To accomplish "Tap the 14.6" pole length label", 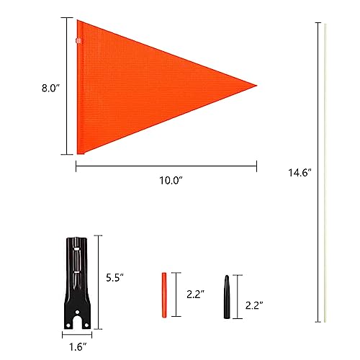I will coord(297,173).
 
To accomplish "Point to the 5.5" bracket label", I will coord(115,276).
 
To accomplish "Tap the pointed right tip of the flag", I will coord(256,86).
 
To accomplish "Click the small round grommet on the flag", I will coord(80,42).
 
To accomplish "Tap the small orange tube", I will coord(163,295).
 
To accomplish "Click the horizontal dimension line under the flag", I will coord(166,166).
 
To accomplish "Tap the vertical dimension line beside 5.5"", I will coord(99,277).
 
